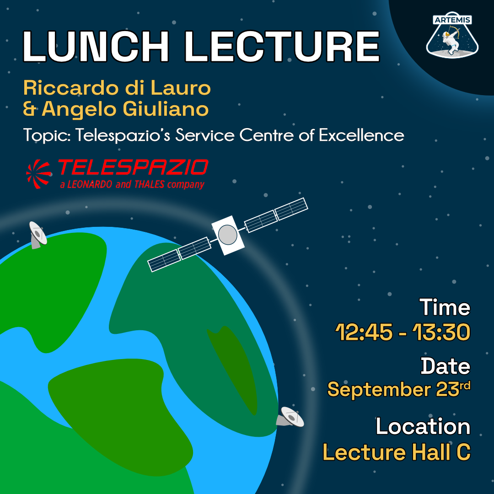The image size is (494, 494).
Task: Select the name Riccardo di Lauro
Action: [117, 88]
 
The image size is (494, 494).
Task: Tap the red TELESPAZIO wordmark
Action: [133, 168]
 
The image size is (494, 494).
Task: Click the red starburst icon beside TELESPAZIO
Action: [40, 173]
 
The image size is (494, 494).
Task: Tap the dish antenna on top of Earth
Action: [37, 234]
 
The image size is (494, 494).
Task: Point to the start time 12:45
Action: [364, 333]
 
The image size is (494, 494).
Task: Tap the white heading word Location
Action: [423, 426]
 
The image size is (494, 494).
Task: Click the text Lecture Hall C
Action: [396, 452]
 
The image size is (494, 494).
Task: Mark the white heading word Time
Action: [445, 307]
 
